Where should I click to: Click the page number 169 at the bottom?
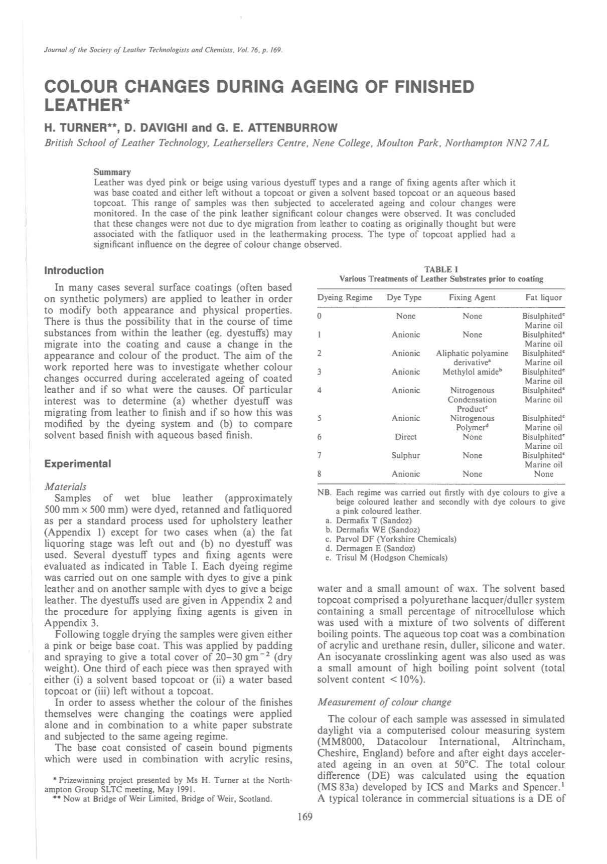tap(305, 817)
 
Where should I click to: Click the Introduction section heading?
tap(74, 271)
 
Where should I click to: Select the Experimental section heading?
tap(78, 463)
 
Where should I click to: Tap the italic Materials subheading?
tap(65, 486)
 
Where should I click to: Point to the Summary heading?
tap(112, 172)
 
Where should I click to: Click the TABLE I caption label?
tap(441, 269)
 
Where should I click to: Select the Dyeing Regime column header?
tap(345, 297)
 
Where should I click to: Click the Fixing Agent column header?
tap(472, 297)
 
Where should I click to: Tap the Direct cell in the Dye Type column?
tap(405, 437)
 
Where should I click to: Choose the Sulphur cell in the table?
tap(405, 455)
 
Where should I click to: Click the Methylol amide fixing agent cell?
tap(472, 372)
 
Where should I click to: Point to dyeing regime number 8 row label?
tap(320, 474)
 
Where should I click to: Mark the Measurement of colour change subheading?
tap(384, 702)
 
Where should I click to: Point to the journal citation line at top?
tap(164, 50)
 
